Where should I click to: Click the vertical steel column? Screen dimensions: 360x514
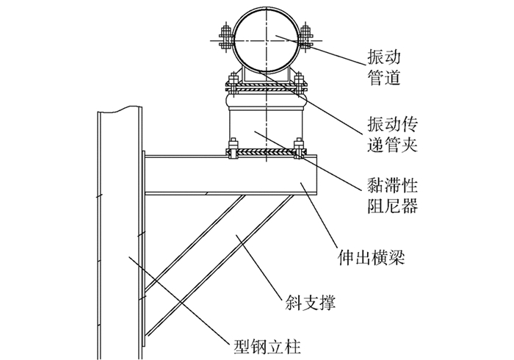point(117,235)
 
